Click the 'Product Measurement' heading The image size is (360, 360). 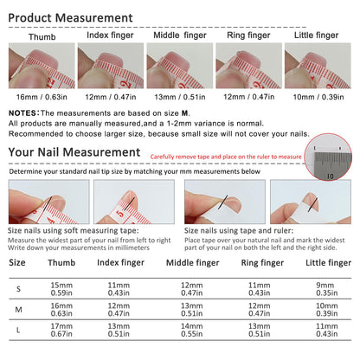pyautogui.click(x=70, y=18)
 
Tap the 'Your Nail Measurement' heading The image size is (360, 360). pyautogui.click(x=74, y=152)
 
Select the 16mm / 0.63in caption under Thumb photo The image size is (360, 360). pyautogui.click(x=42, y=97)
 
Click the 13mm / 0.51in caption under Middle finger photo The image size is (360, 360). pyautogui.click(x=180, y=97)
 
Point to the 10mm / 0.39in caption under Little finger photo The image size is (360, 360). pyautogui.click(x=318, y=97)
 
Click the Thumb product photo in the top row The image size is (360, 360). pyautogui.click(x=42, y=66)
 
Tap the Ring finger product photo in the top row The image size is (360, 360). pyautogui.click(x=248, y=66)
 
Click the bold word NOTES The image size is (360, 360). pyautogui.click(x=22, y=113)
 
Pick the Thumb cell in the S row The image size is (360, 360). pyautogui.click(x=61, y=289)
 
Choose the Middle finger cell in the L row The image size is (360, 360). pyautogui.click(x=192, y=330)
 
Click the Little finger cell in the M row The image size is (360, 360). pyautogui.click(x=327, y=309)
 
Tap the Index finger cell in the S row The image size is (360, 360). pyautogui.click(x=119, y=289)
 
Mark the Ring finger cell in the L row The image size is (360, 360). pyautogui.click(x=260, y=330)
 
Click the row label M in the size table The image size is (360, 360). pyautogui.click(x=18, y=310)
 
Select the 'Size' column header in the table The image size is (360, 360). pyautogui.click(x=17, y=262)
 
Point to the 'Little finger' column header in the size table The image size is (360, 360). pyautogui.click(x=329, y=263)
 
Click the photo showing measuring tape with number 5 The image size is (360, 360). pyautogui.click(x=134, y=202)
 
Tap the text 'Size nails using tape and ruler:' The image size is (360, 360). pyautogui.click(x=239, y=230)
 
